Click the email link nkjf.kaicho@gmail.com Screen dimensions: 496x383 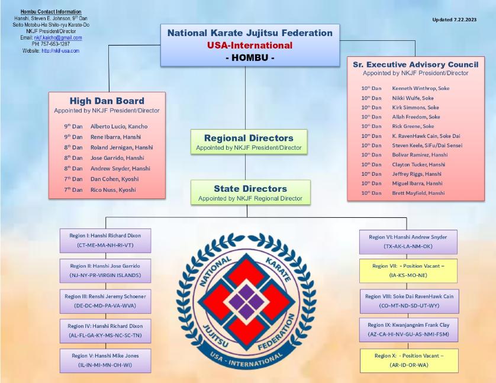58,38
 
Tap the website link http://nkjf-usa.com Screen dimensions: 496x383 60,50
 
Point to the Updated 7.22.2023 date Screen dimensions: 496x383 454,20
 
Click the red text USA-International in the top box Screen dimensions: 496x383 250,45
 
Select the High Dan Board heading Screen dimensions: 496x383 107,101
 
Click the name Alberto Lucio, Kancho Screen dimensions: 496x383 119,126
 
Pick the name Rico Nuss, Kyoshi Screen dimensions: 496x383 113,190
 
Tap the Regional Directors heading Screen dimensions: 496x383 249,138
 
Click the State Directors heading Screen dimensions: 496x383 250,188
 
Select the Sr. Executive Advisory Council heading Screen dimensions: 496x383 416,65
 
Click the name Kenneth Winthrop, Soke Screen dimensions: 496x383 421,88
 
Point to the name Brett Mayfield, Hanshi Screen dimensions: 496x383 418,193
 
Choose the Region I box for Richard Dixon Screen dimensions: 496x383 105,240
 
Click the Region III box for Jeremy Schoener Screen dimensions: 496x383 105,301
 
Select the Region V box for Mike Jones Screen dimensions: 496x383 105,361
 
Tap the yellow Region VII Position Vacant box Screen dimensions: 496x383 408,271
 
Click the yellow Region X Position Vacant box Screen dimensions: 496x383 409,361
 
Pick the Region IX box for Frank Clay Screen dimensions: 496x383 408,330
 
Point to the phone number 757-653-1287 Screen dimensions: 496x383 55,44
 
